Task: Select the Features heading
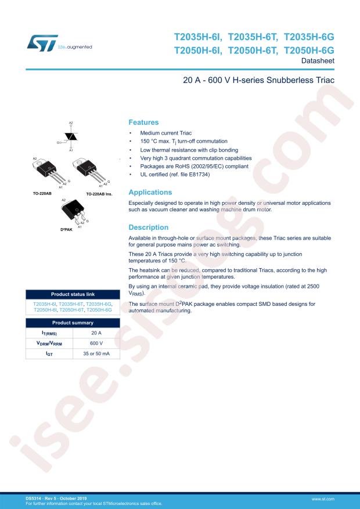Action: [143, 122]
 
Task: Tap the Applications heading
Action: [150, 192]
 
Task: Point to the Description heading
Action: [148, 228]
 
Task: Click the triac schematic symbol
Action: [71, 136]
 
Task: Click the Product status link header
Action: [73, 295]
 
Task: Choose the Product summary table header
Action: [73, 323]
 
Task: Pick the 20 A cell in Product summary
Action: [96, 333]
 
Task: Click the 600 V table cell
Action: [96, 343]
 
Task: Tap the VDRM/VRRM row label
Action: [49, 343]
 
